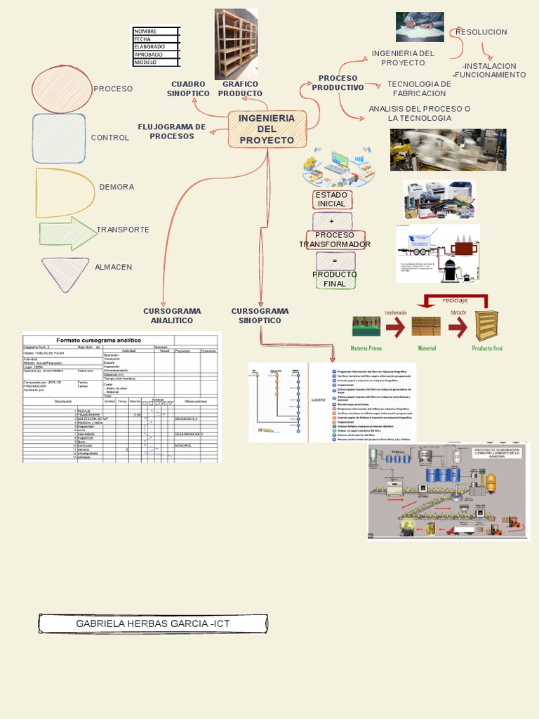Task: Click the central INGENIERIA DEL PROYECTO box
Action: click(267, 129)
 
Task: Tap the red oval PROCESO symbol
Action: click(62, 88)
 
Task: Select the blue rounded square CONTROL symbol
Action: click(59, 138)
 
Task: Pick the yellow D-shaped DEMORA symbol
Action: click(64, 192)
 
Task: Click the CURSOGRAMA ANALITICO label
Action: click(172, 315)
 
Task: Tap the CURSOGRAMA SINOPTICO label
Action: click(260, 315)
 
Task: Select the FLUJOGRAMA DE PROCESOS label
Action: click(172, 131)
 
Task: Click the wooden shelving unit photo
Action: click(236, 44)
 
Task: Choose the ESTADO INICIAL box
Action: click(332, 199)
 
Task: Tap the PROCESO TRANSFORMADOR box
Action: click(335, 239)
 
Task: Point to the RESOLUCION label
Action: click(481, 32)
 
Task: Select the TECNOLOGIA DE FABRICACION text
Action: click(419, 88)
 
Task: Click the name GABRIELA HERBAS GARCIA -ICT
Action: click(153, 624)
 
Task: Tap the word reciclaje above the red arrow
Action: click(455, 301)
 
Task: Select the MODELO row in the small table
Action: click(156, 62)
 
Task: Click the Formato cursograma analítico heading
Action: click(98, 340)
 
